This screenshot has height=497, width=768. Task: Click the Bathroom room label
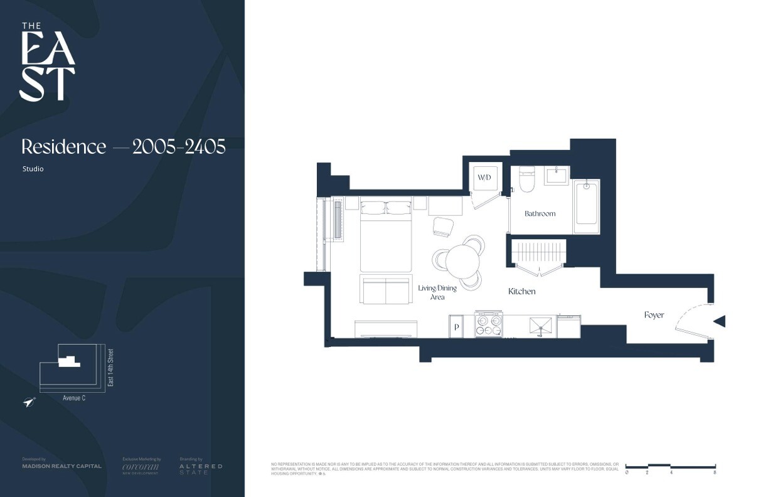tap(540, 213)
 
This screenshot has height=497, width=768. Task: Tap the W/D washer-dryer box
tap(484, 178)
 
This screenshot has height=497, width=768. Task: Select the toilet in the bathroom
tap(526, 179)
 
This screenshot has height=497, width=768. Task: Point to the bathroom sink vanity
tap(557, 175)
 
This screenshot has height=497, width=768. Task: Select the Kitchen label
tap(521, 291)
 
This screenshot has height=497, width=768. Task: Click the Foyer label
tap(654, 315)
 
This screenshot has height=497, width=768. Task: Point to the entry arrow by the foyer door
tap(720, 321)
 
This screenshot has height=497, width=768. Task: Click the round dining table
tap(462, 259)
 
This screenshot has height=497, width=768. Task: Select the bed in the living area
tap(385, 235)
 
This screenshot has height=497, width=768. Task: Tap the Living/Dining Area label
tap(437, 292)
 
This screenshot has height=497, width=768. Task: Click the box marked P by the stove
tap(456, 327)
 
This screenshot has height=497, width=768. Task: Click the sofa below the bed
tap(385, 289)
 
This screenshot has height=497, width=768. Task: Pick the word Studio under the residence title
tap(33, 169)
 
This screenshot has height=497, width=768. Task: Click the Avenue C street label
tap(73, 398)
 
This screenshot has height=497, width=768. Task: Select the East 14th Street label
tap(111, 367)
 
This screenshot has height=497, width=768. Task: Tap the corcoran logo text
tap(141, 466)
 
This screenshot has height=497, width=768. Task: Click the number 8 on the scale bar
tap(715, 472)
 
